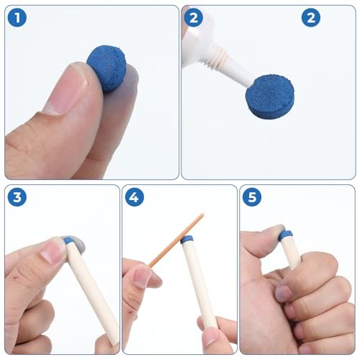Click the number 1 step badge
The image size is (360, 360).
coord(17,17)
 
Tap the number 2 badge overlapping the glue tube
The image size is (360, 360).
coord(194,17)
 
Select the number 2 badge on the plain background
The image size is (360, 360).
coord(311,17)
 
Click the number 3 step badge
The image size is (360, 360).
coord(17,197)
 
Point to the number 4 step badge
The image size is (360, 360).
coord(135,197)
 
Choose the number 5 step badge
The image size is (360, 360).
coord(252,197)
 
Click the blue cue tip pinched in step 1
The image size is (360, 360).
coord(107,68)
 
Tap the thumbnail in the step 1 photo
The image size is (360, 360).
coord(66,92)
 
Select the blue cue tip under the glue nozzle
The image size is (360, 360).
coord(270,97)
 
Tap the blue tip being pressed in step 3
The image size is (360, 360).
coord(69,240)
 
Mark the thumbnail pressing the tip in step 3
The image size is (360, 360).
coord(53,252)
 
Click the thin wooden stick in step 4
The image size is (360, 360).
coord(176,240)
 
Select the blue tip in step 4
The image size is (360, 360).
coord(186,240)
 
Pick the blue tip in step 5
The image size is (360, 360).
coord(286,235)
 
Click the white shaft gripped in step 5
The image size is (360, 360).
coord(291,252)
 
